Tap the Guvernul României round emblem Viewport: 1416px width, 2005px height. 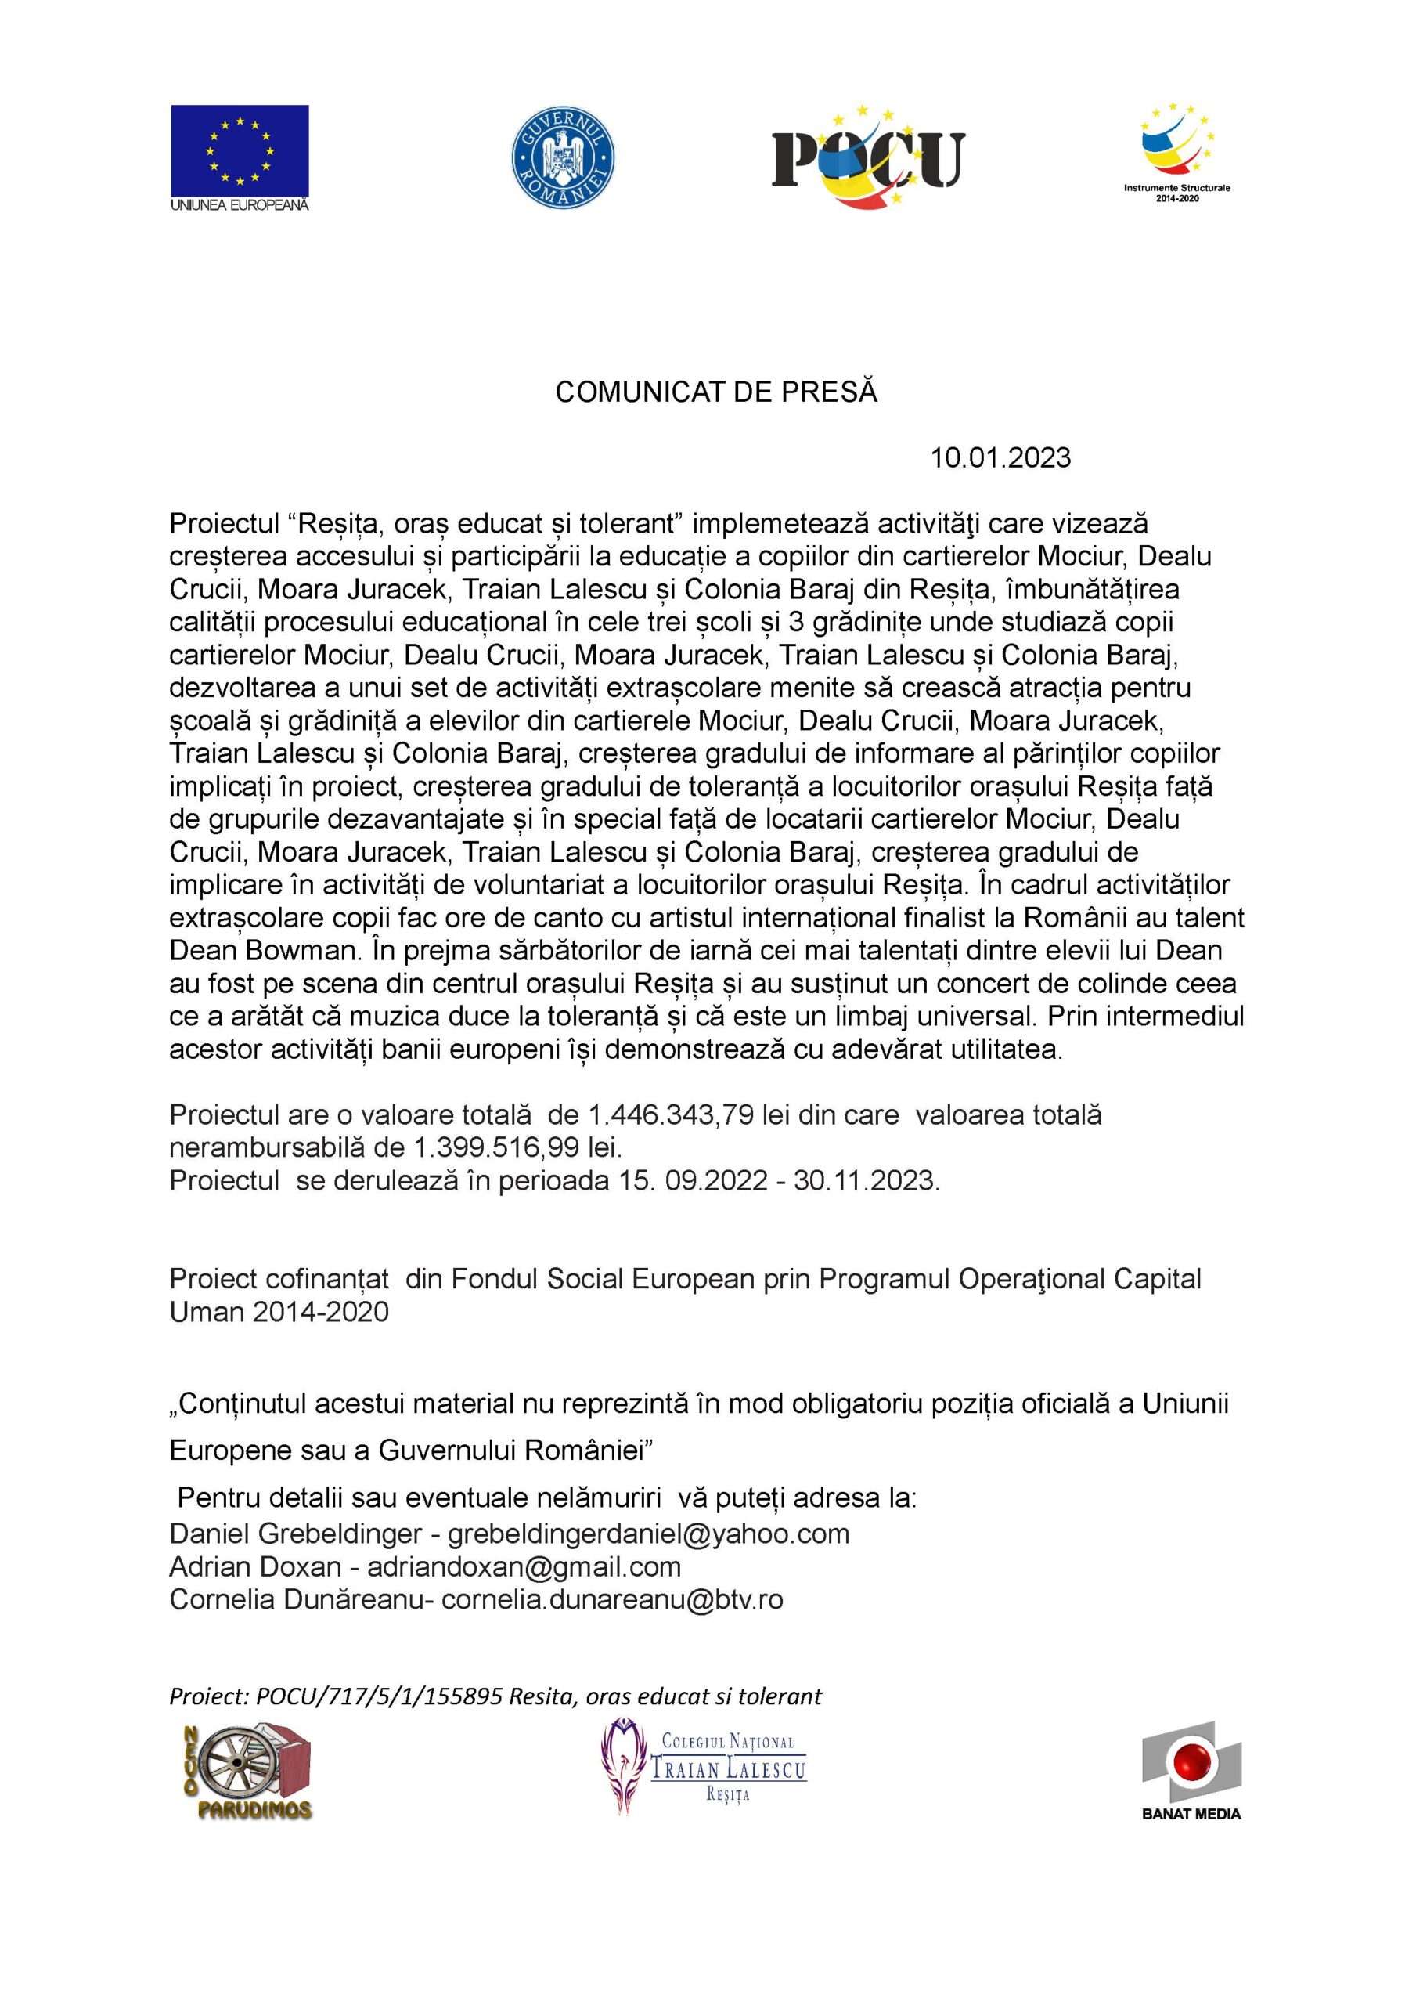[563, 157]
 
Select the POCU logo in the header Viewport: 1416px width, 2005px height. [868, 157]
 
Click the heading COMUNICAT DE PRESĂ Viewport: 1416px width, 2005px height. [716, 393]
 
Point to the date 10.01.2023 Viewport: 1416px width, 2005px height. [1000, 458]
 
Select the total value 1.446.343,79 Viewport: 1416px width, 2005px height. [671, 1115]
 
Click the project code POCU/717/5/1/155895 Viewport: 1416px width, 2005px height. [379, 1696]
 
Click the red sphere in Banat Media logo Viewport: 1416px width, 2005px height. [1190, 1764]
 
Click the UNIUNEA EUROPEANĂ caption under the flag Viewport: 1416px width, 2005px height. [240, 204]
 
